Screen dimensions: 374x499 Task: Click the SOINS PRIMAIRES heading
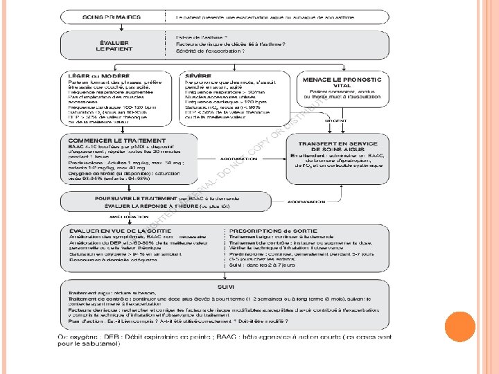tap(110, 16)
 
